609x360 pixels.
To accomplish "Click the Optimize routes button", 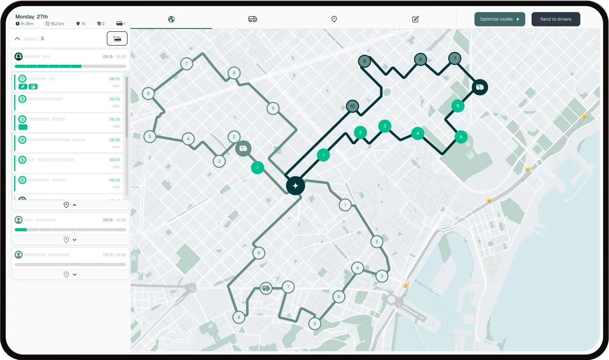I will click(x=500, y=19).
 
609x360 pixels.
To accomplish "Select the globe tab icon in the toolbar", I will click(x=171, y=19).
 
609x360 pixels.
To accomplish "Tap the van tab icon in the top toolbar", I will click(x=253, y=19).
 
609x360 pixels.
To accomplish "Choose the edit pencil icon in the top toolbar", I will click(x=416, y=19).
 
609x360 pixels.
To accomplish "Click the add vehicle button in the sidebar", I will click(x=117, y=39).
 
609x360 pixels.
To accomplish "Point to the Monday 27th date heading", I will click(x=32, y=17).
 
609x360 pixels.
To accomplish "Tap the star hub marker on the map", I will click(x=295, y=186).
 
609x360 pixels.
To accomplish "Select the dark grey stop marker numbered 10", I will click(x=352, y=106).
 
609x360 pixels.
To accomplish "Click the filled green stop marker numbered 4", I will click(x=417, y=133).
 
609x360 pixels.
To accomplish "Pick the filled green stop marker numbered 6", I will click(x=458, y=106).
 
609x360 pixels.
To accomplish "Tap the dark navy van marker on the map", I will click(x=480, y=87).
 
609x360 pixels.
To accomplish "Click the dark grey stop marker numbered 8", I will click(x=420, y=59).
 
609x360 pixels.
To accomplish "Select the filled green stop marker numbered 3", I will click(x=385, y=126).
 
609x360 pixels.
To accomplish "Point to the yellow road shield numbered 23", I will click(x=584, y=117).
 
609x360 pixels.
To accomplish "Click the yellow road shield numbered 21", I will click(x=406, y=286).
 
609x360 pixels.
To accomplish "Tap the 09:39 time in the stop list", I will click(x=115, y=140).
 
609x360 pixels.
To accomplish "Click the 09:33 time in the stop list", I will click(x=115, y=119).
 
